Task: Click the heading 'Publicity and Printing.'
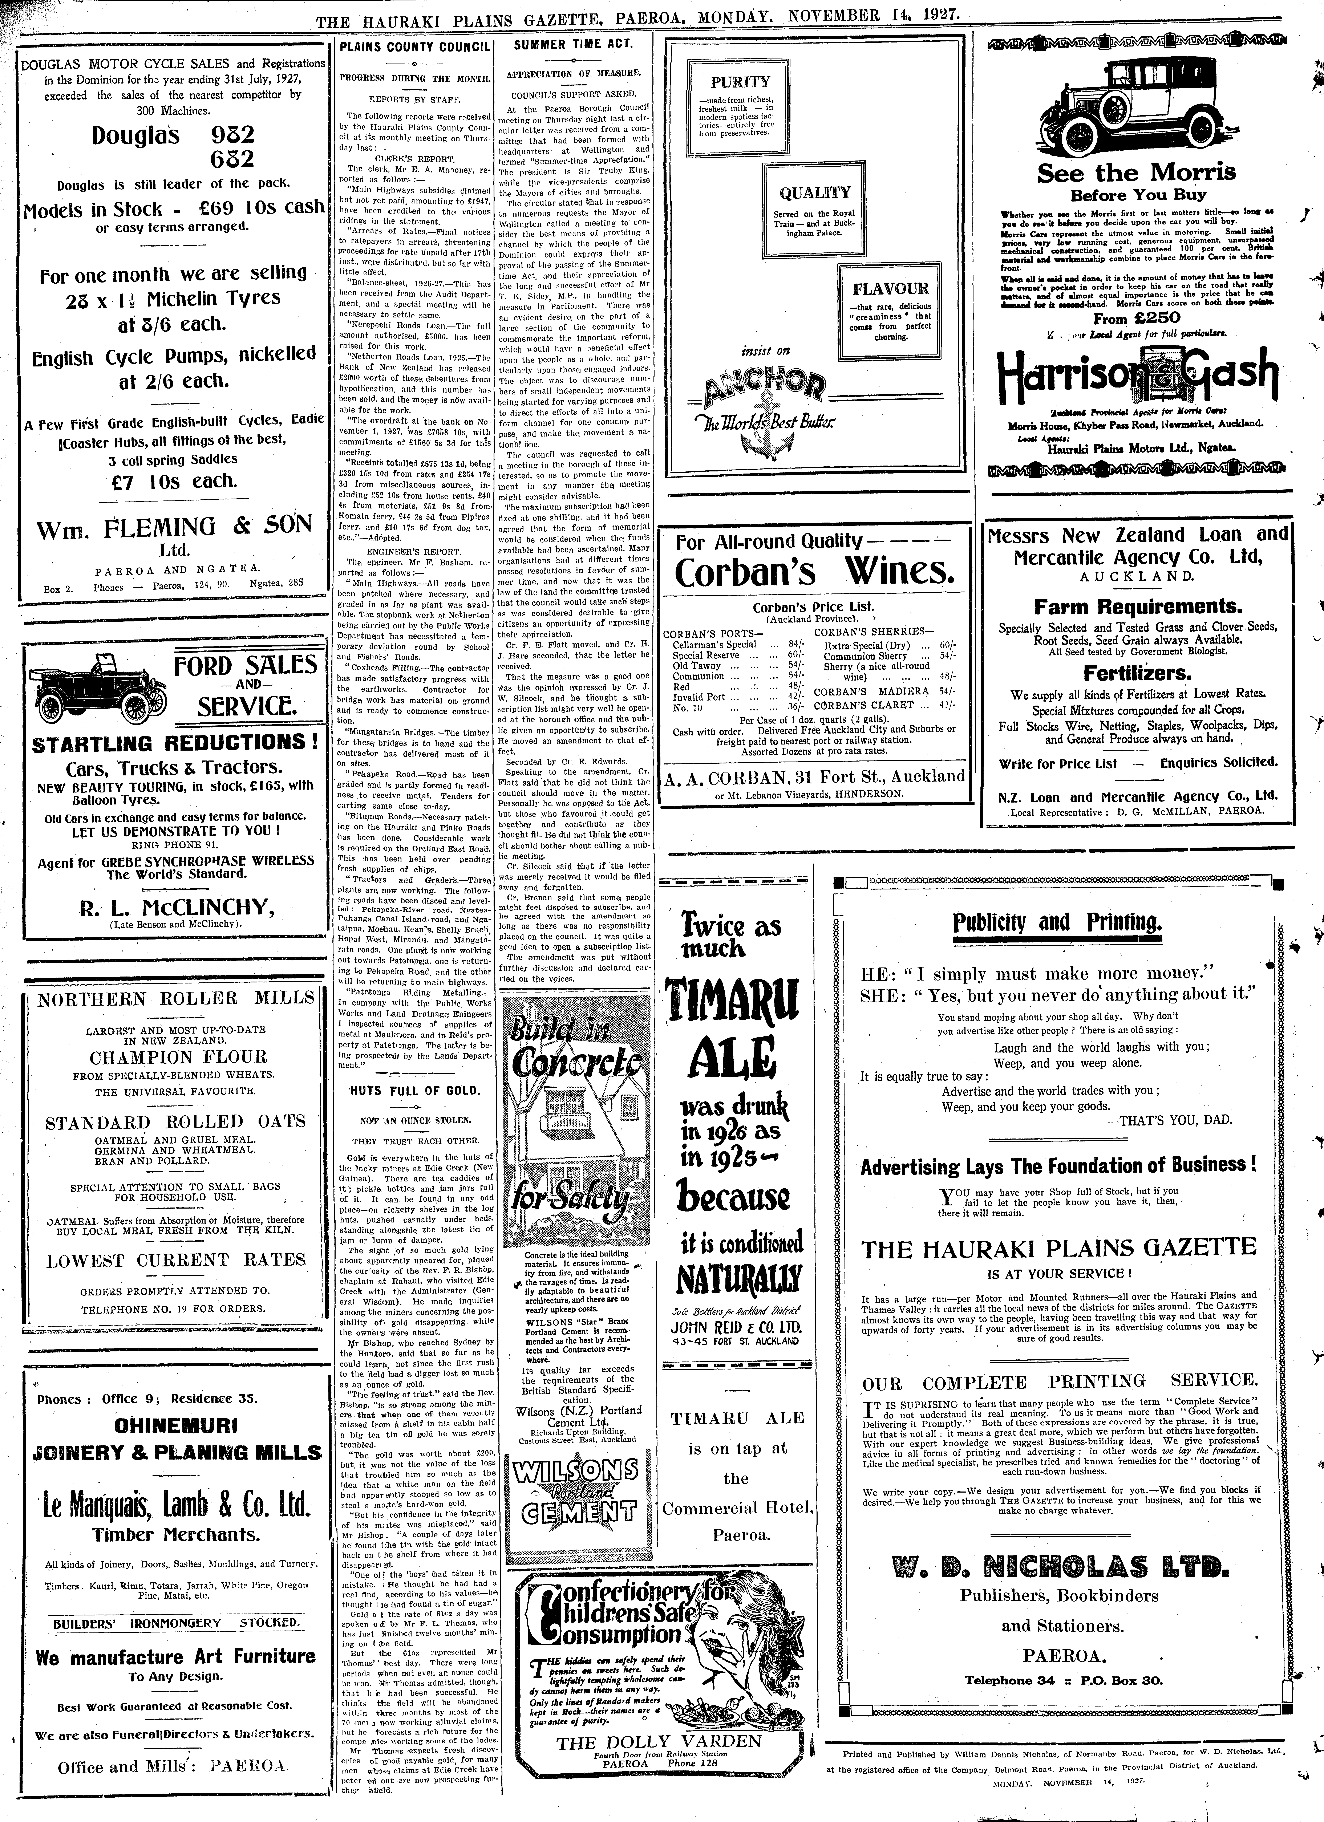pos(1057,921)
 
